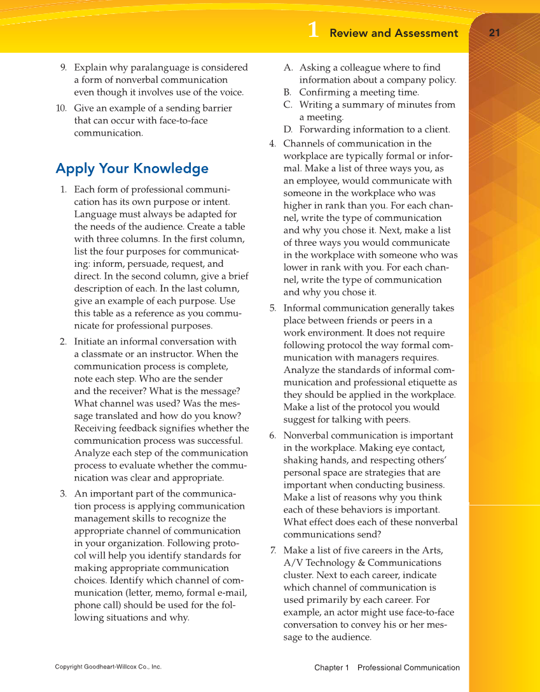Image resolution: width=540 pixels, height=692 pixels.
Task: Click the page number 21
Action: click(x=495, y=33)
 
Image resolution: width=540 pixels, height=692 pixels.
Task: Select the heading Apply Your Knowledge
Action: click(x=132, y=169)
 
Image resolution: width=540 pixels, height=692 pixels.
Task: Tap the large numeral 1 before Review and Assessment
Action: click(x=312, y=31)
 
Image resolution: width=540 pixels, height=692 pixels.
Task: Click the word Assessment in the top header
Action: click(x=426, y=33)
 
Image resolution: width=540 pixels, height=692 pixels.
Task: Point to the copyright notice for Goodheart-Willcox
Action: click(x=108, y=667)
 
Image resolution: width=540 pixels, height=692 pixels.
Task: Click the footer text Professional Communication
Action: click(x=408, y=668)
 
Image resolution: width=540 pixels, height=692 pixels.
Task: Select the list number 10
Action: click(x=61, y=108)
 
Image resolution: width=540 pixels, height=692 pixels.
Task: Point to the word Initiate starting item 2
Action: click(x=90, y=342)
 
